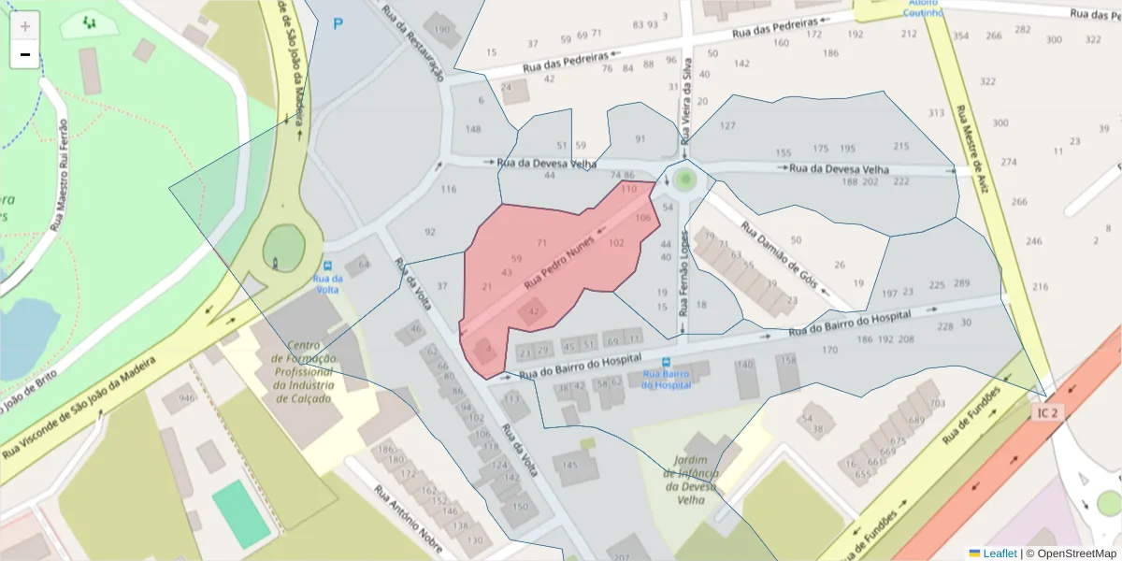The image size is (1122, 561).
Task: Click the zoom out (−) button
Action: tap(25, 54)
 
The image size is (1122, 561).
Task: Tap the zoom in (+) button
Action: tap(25, 25)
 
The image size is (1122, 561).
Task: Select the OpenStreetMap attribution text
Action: tap(1074, 554)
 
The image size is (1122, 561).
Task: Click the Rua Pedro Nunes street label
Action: tap(559, 261)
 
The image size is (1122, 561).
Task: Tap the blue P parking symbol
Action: tap(338, 23)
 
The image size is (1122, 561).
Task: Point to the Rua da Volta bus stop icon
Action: tap(327, 266)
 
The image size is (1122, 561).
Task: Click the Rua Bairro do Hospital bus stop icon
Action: tap(666, 362)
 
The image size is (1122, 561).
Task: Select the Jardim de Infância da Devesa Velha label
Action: tap(692, 479)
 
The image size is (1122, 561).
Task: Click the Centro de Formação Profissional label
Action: tap(305, 371)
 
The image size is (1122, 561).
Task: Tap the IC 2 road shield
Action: tap(1048, 412)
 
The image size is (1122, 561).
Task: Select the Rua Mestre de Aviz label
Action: tap(971, 148)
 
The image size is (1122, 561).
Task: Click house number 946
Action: tap(187, 399)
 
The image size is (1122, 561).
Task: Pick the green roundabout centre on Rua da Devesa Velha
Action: tap(686, 178)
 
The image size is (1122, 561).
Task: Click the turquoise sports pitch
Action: tap(240, 514)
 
